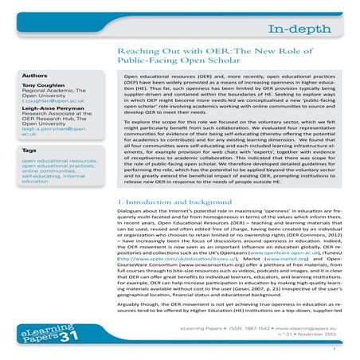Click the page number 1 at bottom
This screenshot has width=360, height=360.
[339, 348]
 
